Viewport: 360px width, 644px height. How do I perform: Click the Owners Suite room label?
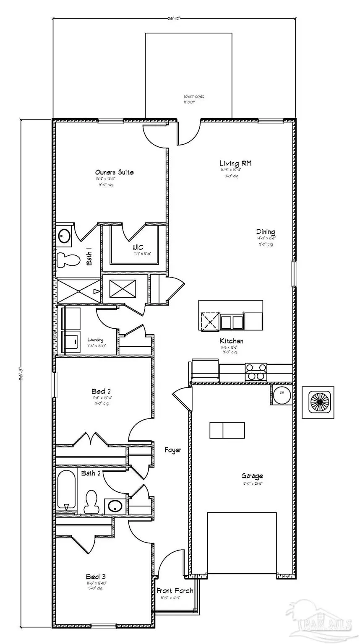[x=114, y=172]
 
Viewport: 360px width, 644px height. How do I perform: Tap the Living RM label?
[x=235, y=163]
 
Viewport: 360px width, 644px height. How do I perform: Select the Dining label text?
[x=266, y=232]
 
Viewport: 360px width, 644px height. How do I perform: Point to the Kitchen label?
[x=231, y=341]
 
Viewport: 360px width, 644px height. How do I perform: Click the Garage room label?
[x=252, y=476]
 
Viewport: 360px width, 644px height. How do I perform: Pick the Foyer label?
[x=173, y=450]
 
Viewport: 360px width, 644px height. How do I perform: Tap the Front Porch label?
[x=175, y=591]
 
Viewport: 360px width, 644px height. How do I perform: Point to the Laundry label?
[x=95, y=340]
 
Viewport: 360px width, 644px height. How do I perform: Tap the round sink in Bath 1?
[x=64, y=236]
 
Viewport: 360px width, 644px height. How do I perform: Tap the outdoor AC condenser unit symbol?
[x=318, y=402]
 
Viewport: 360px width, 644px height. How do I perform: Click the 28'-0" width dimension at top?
[x=174, y=18]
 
